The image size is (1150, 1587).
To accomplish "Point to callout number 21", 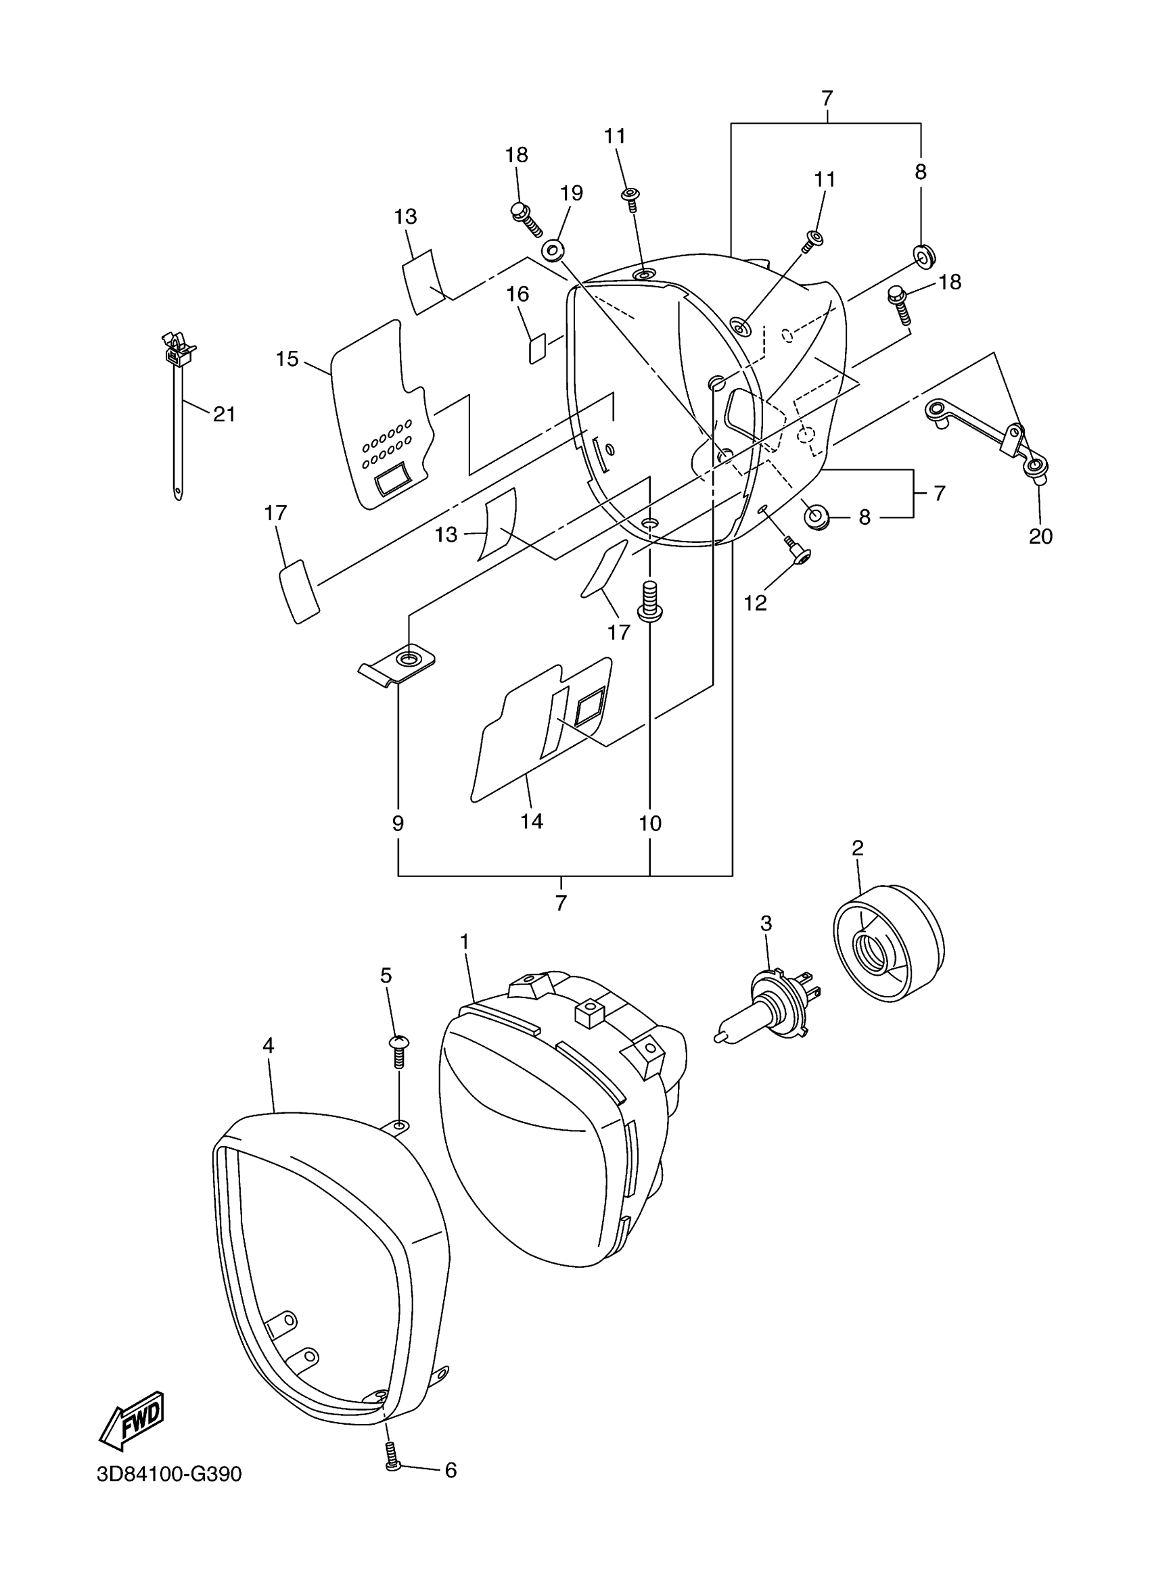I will pyautogui.click(x=224, y=414).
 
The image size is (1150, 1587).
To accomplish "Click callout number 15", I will pyautogui.click(x=287, y=359).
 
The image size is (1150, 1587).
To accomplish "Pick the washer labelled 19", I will pyautogui.click(x=553, y=249).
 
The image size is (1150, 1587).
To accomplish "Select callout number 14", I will pyautogui.click(x=532, y=821).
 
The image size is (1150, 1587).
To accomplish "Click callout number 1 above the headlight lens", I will pyautogui.click(x=464, y=942).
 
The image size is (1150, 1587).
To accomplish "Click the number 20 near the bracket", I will pyautogui.click(x=1041, y=536).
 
